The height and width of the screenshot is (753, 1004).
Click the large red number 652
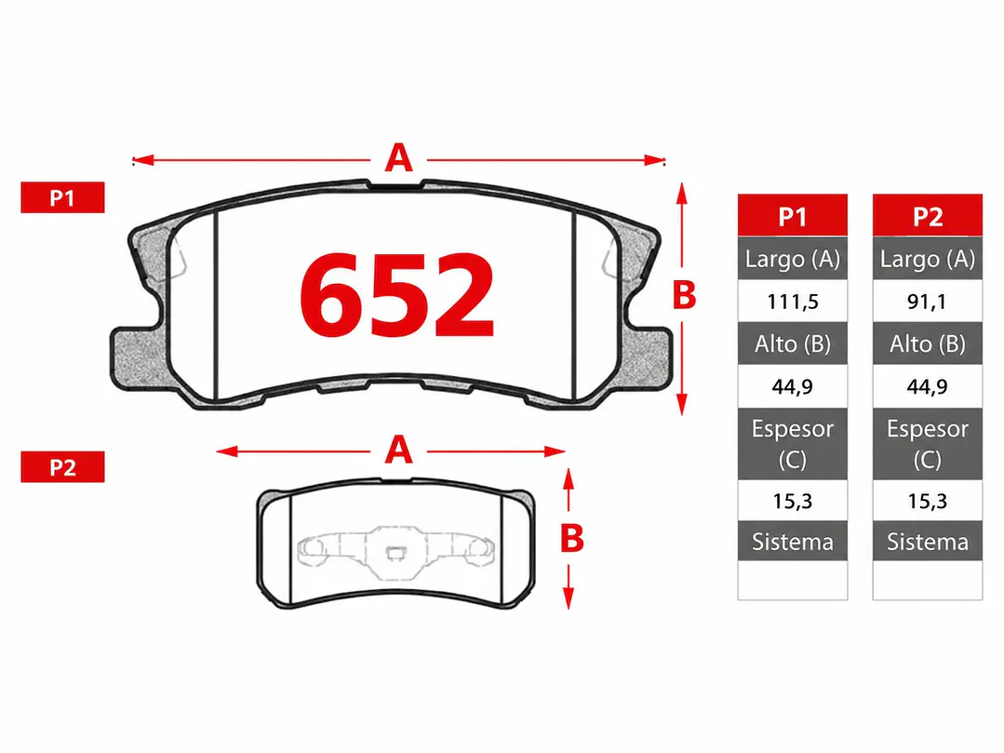pyautogui.click(x=397, y=294)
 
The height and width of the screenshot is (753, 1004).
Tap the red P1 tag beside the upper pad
pyautogui.click(x=62, y=197)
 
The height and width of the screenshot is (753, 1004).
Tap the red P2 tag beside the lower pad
pyautogui.click(x=62, y=466)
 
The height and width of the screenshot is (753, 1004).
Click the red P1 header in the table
pyautogui.click(x=793, y=216)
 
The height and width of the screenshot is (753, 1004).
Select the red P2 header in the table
pyautogui.click(x=927, y=216)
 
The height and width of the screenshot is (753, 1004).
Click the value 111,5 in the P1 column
pyautogui.click(x=793, y=301)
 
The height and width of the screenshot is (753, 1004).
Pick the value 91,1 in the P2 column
pyautogui.click(x=927, y=301)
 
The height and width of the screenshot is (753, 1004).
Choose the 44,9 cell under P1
pyautogui.click(x=793, y=386)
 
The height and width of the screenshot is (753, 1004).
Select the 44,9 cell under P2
pyautogui.click(x=927, y=386)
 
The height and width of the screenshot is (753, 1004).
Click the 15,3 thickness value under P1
pyautogui.click(x=793, y=501)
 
